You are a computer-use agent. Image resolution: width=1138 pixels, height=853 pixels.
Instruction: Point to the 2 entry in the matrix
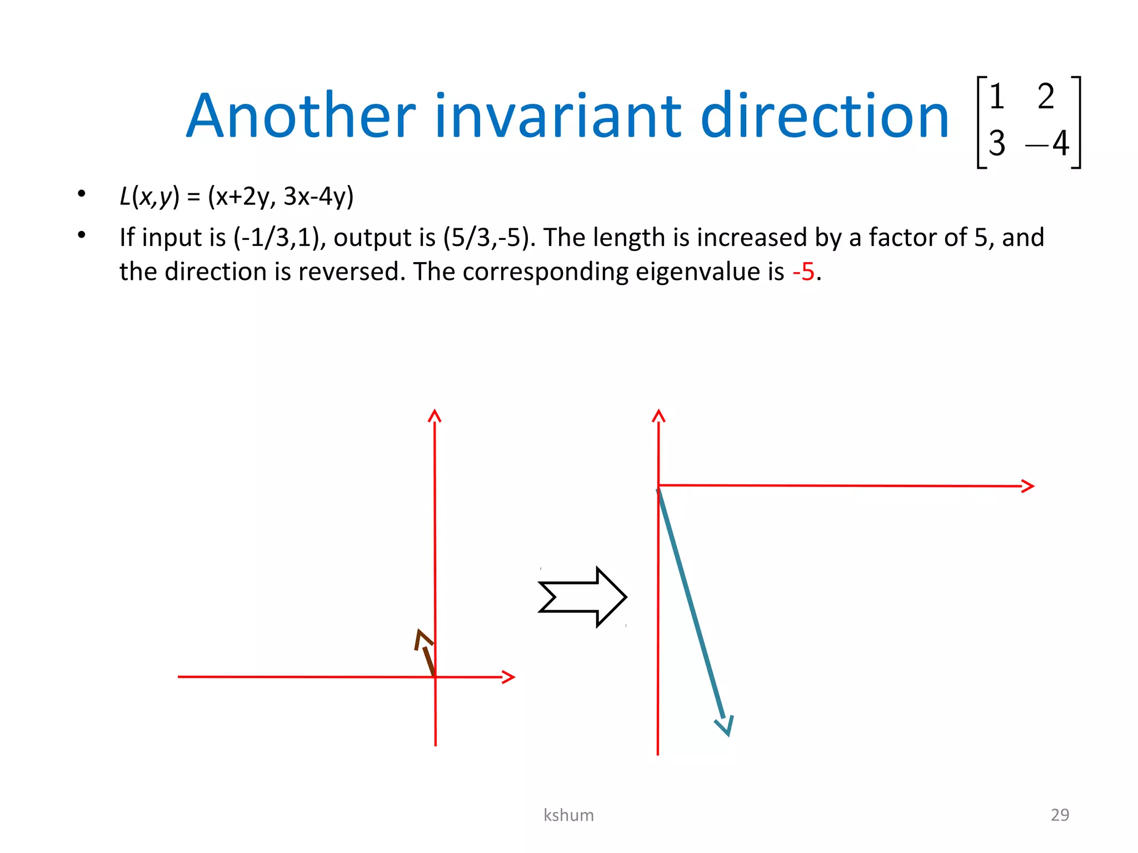click(x=1045, y=96)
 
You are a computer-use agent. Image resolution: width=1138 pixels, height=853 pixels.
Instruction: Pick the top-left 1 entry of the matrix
click(x=996, y=96)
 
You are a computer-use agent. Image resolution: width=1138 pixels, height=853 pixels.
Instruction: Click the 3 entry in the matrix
click(x=996, y=143)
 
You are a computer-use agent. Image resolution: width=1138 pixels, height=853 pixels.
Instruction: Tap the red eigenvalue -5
click(x=803, y=272)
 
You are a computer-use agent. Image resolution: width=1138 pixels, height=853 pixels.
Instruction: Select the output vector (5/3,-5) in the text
click(x=489, y=238)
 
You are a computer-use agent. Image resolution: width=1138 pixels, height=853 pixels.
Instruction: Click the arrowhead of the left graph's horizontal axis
click(x=508, y=677)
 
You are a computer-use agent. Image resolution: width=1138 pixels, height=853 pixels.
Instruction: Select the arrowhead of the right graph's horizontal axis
click(x=1028, y=486)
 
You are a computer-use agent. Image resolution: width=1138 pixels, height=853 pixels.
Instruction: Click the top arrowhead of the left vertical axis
click(x=435, y=415)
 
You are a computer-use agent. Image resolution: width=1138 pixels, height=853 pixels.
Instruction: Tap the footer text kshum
click(x=568, y=815)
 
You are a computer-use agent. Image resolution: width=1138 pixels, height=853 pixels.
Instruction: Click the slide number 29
click(x=1060, y=815)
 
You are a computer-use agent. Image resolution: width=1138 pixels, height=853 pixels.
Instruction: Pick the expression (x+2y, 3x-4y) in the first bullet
click(x=281, y=196)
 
